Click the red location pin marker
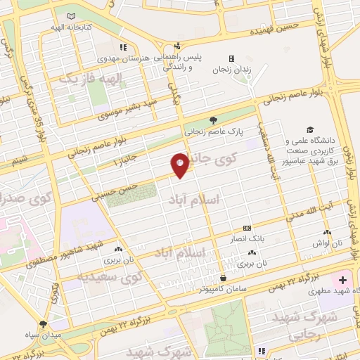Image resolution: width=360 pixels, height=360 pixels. (180, 165)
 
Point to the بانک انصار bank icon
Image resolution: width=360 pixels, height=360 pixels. (246, 229)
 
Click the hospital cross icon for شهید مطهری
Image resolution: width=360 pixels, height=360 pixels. (342, 280)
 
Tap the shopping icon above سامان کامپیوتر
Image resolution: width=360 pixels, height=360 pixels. (222, 278)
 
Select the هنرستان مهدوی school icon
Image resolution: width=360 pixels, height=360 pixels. (124, 48)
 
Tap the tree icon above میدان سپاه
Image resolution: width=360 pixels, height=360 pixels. (44, 324)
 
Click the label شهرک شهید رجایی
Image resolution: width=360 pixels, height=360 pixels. (333, 326)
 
